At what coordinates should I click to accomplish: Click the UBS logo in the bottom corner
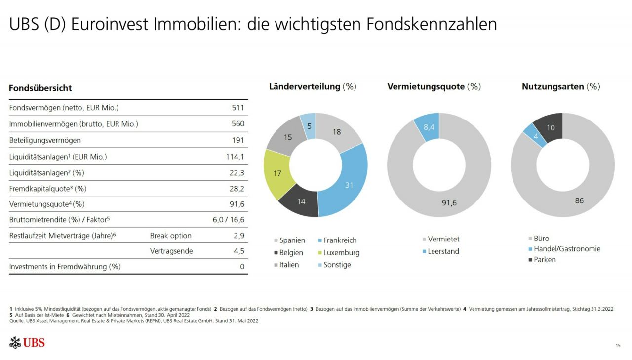pyautogui.click(x=27, y=342)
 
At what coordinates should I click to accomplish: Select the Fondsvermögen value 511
pyautogui.click(x=238, y=108)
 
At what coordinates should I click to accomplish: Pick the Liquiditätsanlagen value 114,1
pyautogui.click(x=235, y=157)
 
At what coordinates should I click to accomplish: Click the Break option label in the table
pyautogui.click(x=170, y=236)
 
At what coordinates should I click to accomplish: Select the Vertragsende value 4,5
pyautogui.click(x=238, y=251)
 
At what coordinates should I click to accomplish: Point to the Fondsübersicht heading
pyautogui.click(x=40, y=88)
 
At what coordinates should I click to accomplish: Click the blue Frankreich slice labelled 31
pyautogui.click(x=350, y=185)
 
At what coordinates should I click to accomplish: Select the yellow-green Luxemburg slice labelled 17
pyautogui.click(x=277, y=174)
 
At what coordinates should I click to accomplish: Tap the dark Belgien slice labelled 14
pyautogui.click(x=302, y=201)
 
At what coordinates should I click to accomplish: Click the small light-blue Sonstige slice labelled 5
pyautogui.click(x=309, y=125)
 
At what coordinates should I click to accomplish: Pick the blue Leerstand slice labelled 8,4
pyautogui.click(x=428, y=127)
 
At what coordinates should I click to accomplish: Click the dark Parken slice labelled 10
pyautogui.click(x=550, y=127)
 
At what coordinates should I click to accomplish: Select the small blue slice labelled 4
pyautogui.click(x=535, y=135)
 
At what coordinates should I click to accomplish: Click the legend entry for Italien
pyautogui.click(x=289, y=265)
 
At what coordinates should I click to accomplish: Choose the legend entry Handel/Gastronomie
pyautogui.click(x=567, y=249)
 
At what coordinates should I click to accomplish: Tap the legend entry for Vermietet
pyautogui.click(x=443, y=239)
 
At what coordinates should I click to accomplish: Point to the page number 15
pyautogui.click(x=618, y=345)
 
